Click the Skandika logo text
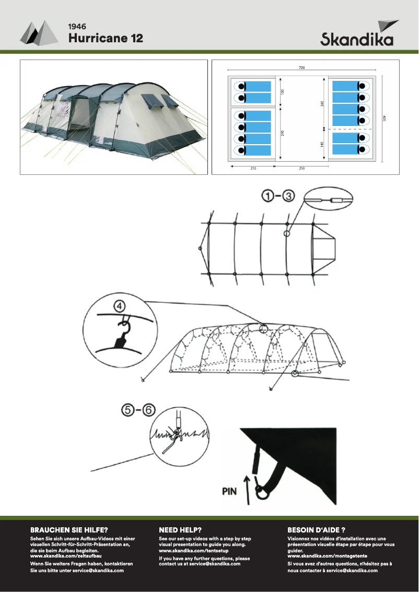pos(357,40)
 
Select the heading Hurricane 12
pos(106,38)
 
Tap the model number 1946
pos(77,26)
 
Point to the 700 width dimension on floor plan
pos(302,67)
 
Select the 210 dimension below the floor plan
pos(252,169)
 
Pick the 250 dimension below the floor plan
pos(302,169)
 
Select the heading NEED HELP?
pos(180,529)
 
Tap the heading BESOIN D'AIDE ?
pos(317,529)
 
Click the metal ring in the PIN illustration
pos(260,489)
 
